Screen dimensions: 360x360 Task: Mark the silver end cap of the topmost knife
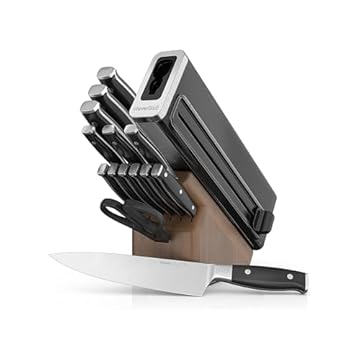point(103,72)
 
